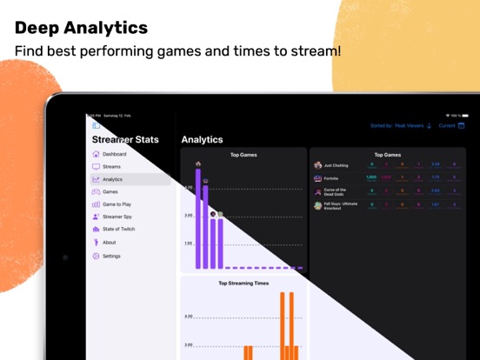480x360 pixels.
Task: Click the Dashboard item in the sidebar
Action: click(114, 154)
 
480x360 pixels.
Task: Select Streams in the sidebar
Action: click(111, 166)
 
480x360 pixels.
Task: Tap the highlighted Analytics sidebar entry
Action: click(112, 179)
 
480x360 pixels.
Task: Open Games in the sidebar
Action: click(110, 191)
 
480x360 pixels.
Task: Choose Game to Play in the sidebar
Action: click(117, 204)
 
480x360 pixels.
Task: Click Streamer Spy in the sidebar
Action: click(117, 217)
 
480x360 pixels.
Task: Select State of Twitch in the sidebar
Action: click(118, 229)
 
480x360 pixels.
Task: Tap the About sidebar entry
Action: click(109, 243)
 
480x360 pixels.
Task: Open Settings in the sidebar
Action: click(111, 256)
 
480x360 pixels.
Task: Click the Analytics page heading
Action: click(202, 139)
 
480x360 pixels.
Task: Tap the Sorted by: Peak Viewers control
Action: click(401, 125)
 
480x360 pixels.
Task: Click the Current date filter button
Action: click(451, 125)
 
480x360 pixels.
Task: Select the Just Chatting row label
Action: click(335, 164)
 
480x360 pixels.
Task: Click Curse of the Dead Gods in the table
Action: click(336, 191)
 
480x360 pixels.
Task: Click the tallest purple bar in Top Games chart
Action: click(198, 217)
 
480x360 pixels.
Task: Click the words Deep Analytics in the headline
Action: click(82, 28)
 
